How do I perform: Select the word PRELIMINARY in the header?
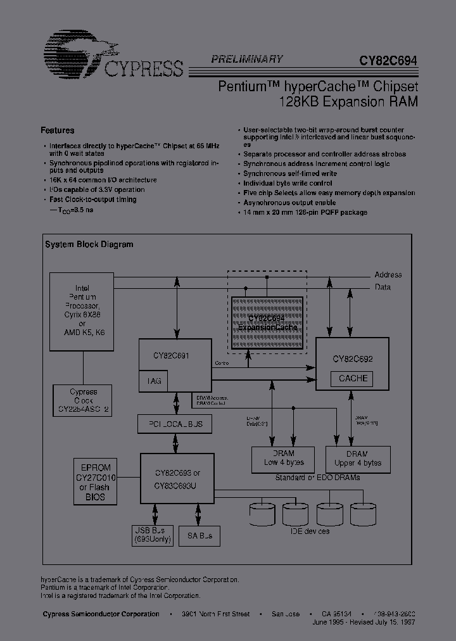click(x=246, y=59)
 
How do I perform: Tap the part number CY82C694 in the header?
click(x=388, y=61)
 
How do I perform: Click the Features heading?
click(x=58, y=130)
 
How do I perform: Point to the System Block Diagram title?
click(x=89, y=244)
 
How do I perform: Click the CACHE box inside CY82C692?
click(x=353, y=379)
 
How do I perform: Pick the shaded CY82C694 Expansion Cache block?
click(x=267, y=323)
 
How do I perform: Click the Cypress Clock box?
click(x=83, y=401)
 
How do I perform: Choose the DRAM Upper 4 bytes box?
click(x=357, y=458)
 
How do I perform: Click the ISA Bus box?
click(x=199, y=535)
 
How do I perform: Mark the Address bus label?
click(x=388, y=275)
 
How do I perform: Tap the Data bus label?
click(x=383, y=287)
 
